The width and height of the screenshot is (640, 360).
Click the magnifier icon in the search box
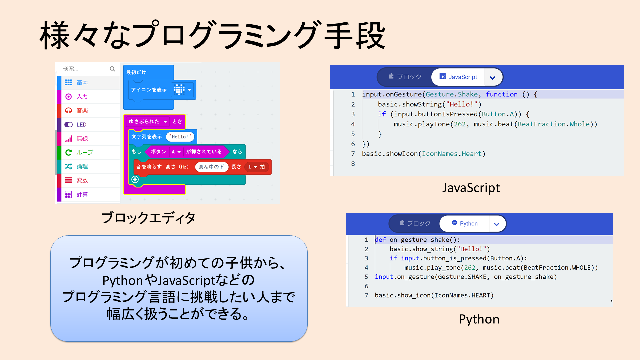112,69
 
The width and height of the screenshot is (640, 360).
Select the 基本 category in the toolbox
82,82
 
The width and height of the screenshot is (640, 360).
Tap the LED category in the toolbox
81,124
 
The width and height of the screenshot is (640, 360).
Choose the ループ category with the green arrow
84,152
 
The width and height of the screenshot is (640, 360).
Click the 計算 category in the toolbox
82,194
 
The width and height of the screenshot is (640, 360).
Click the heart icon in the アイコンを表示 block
179,89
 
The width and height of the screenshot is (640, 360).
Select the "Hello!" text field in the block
180,137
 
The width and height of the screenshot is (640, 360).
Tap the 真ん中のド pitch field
211,167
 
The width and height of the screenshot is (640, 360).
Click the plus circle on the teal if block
135,179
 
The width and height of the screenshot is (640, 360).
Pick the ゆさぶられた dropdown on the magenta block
148,122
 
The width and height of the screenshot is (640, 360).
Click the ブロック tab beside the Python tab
415,223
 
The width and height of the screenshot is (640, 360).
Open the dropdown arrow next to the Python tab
496,224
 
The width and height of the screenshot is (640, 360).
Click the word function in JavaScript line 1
501,94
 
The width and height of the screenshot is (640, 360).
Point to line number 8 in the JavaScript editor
353,164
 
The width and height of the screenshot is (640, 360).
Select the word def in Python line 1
380,240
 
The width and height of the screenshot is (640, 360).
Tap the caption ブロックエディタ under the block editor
148,218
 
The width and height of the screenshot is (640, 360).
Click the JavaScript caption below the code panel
471,188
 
